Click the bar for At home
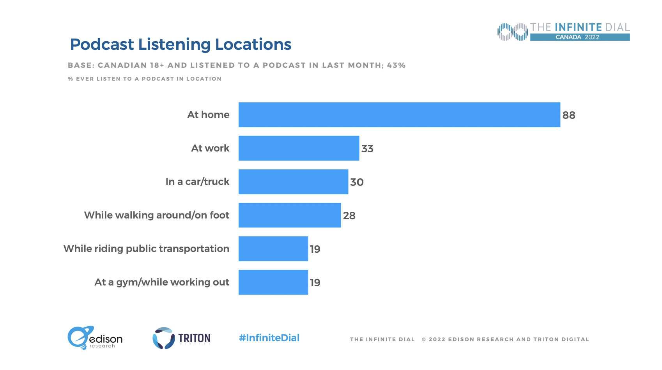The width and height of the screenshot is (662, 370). (399, 115)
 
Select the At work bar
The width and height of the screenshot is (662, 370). (299, 148)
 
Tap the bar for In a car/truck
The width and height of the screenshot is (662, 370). (293, 182)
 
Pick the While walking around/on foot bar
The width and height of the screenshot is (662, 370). (290, 215)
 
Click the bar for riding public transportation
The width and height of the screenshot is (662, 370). (273, 249)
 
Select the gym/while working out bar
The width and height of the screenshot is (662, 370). (273, 282)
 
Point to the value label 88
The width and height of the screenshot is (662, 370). (569, 115)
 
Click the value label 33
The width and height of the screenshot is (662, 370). (367, 149)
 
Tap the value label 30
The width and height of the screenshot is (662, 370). (357, 182)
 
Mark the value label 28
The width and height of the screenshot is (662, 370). (349, 216)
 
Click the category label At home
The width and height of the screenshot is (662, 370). (208, 115)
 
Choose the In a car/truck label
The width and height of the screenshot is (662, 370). (197, 182)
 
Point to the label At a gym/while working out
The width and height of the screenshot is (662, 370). (162, 282)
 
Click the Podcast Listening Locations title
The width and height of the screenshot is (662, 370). (181, 44)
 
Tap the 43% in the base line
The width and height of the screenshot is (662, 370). (396, 65)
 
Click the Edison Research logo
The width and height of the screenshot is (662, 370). (95, 338)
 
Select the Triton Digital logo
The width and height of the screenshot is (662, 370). (182, 338)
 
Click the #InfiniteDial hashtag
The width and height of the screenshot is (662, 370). (269, 338)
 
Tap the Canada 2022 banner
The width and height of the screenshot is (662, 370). (580, 37)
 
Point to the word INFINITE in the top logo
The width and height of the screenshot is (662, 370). (578, 27)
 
